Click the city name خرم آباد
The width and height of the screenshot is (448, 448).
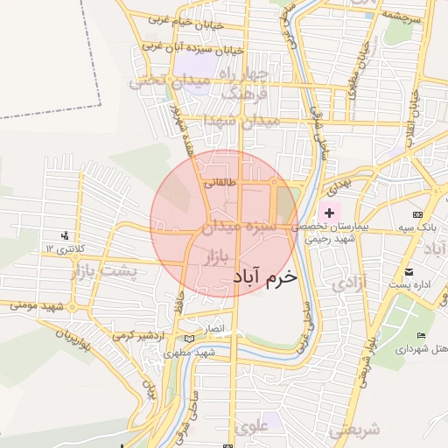[265, 275]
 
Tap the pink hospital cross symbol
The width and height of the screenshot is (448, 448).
[329, 213]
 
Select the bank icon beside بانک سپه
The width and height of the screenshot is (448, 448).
[417, 214]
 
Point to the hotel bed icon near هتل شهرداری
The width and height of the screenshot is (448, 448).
[422, 335]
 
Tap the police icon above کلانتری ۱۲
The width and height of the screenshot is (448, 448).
[64, 235]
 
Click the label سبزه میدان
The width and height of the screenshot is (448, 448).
[239, 227]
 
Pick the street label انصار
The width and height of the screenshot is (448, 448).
[214, 329]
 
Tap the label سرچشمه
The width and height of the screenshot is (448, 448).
[402, 17]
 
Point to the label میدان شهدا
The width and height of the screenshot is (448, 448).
[239, 120]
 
